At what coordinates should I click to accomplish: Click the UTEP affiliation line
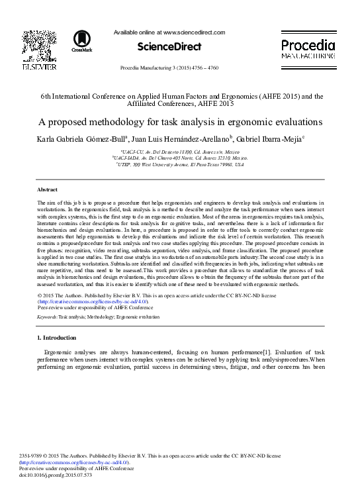click(179, 164)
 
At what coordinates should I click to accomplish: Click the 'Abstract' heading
click(48, 189)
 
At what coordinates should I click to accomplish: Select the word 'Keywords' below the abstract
click(47, 319)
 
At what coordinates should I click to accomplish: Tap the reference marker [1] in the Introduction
click(266, 352)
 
